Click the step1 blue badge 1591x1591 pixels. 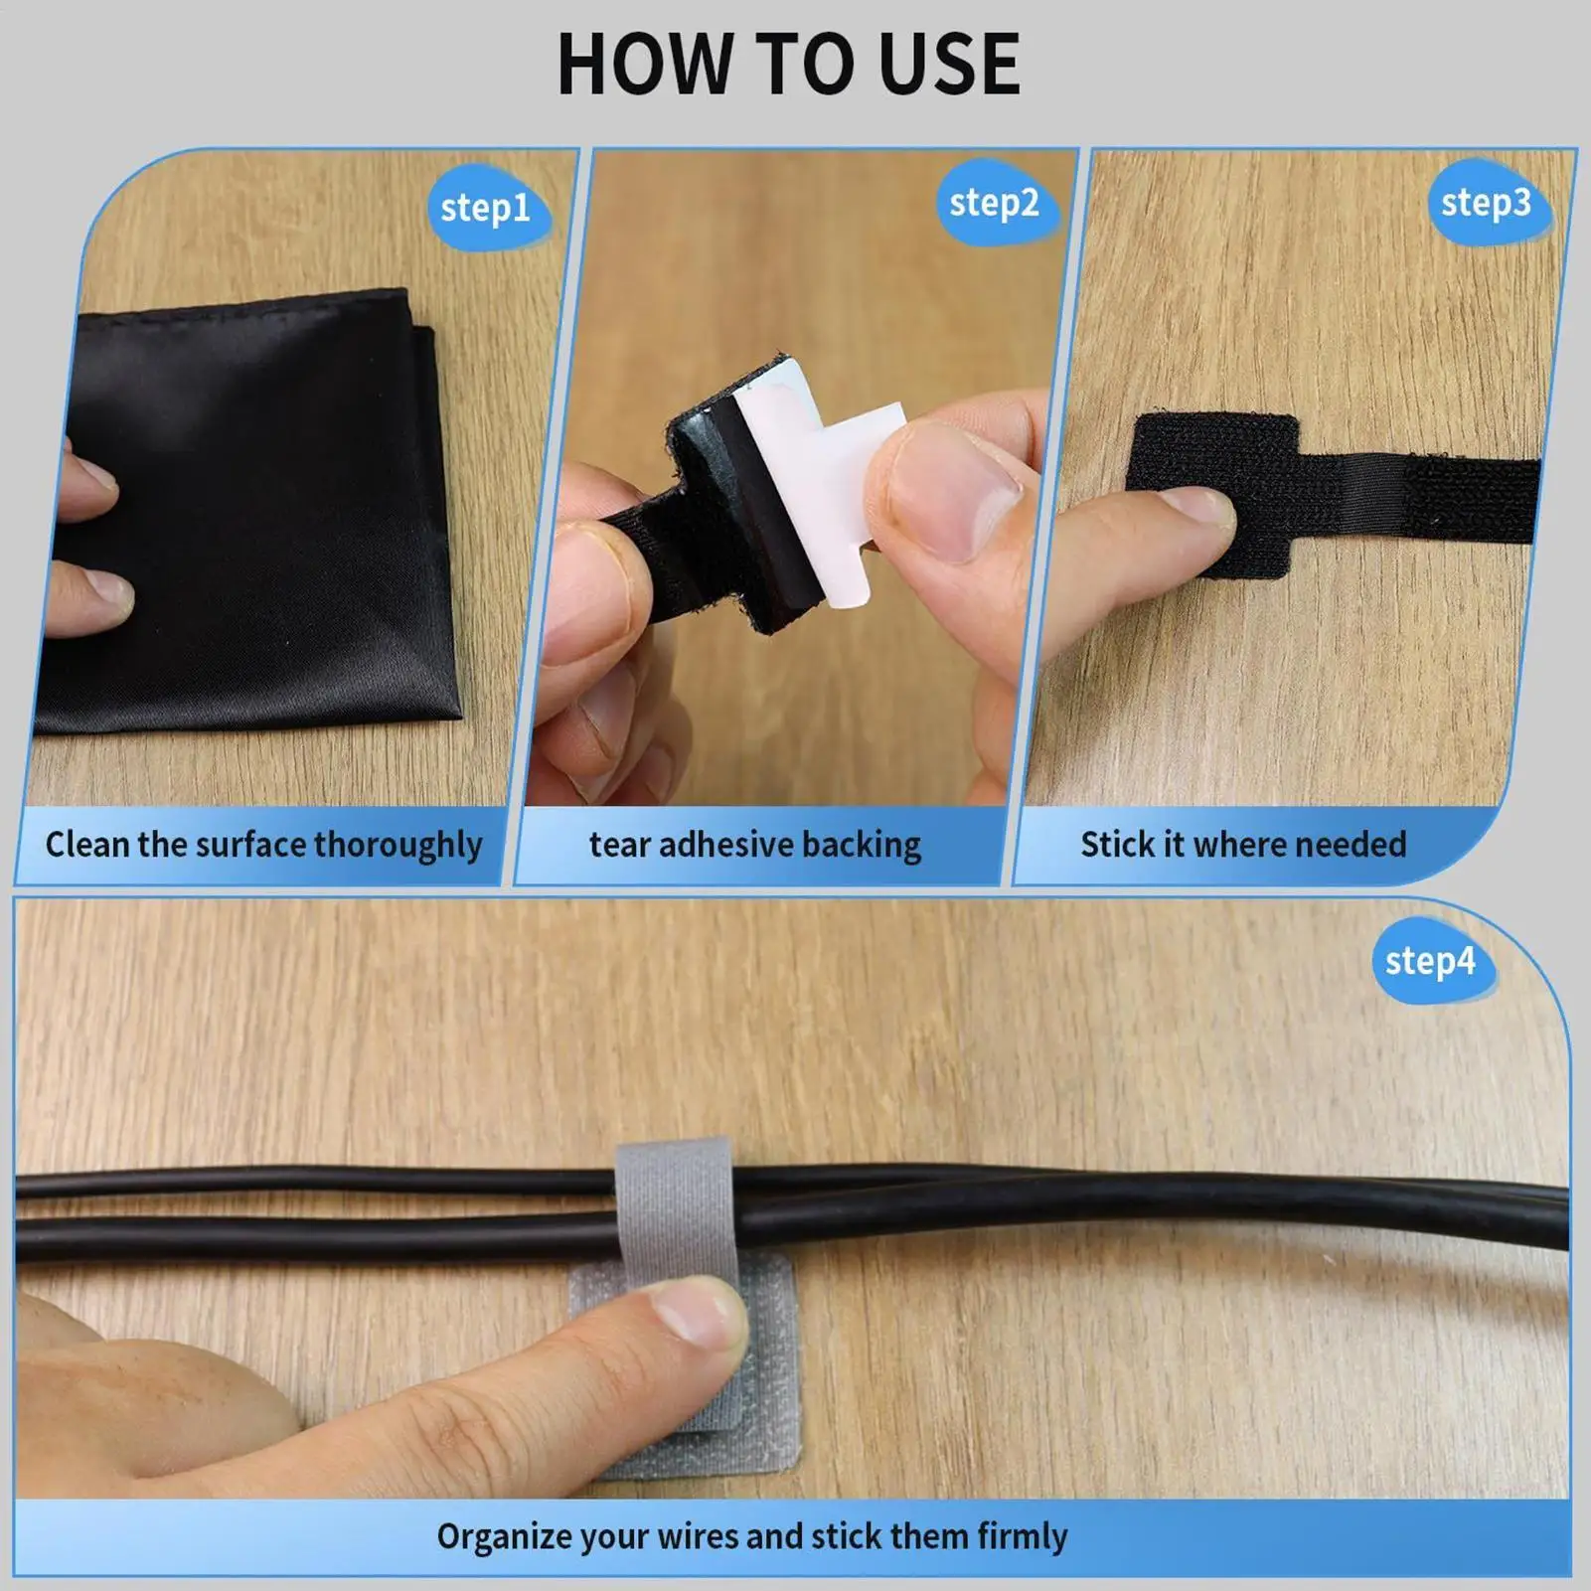(486, 208)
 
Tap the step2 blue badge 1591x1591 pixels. (994, 204)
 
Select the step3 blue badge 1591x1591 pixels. (1486, 204)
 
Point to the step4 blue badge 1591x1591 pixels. (1430, 961)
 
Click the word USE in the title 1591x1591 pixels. (949, 66)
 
